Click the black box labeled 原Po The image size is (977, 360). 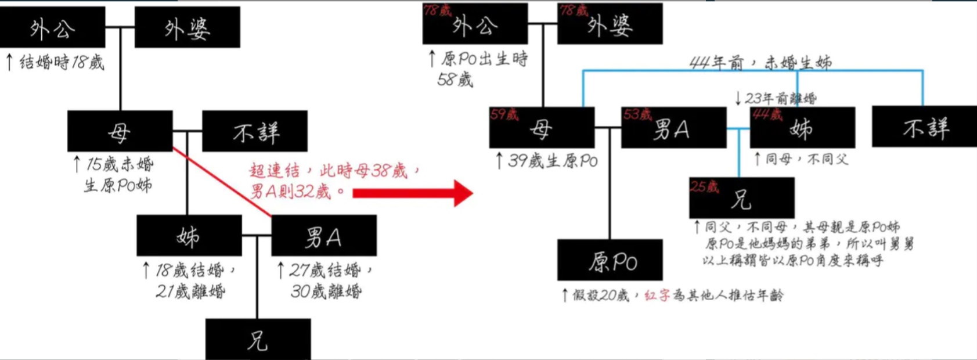click(x=610, y=260)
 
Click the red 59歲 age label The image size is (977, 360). click(x=504, y=114)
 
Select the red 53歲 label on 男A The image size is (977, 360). click(x=637, y=114)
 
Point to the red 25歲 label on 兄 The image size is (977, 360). click(x=704, y=186)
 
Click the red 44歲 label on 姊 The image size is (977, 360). click(x=767, y=114)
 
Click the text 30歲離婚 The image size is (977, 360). click(x=326, y=291)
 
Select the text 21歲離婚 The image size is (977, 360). click(x=190, y=291)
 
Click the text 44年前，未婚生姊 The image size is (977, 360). click(x=760, y=63)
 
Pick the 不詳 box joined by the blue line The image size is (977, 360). click(x=924, y=127)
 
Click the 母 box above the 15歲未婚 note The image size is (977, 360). click(x=120, y=131)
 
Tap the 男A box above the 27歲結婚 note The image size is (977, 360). click(x=324, y=235)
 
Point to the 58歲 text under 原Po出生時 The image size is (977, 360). click(x=455, y=80)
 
